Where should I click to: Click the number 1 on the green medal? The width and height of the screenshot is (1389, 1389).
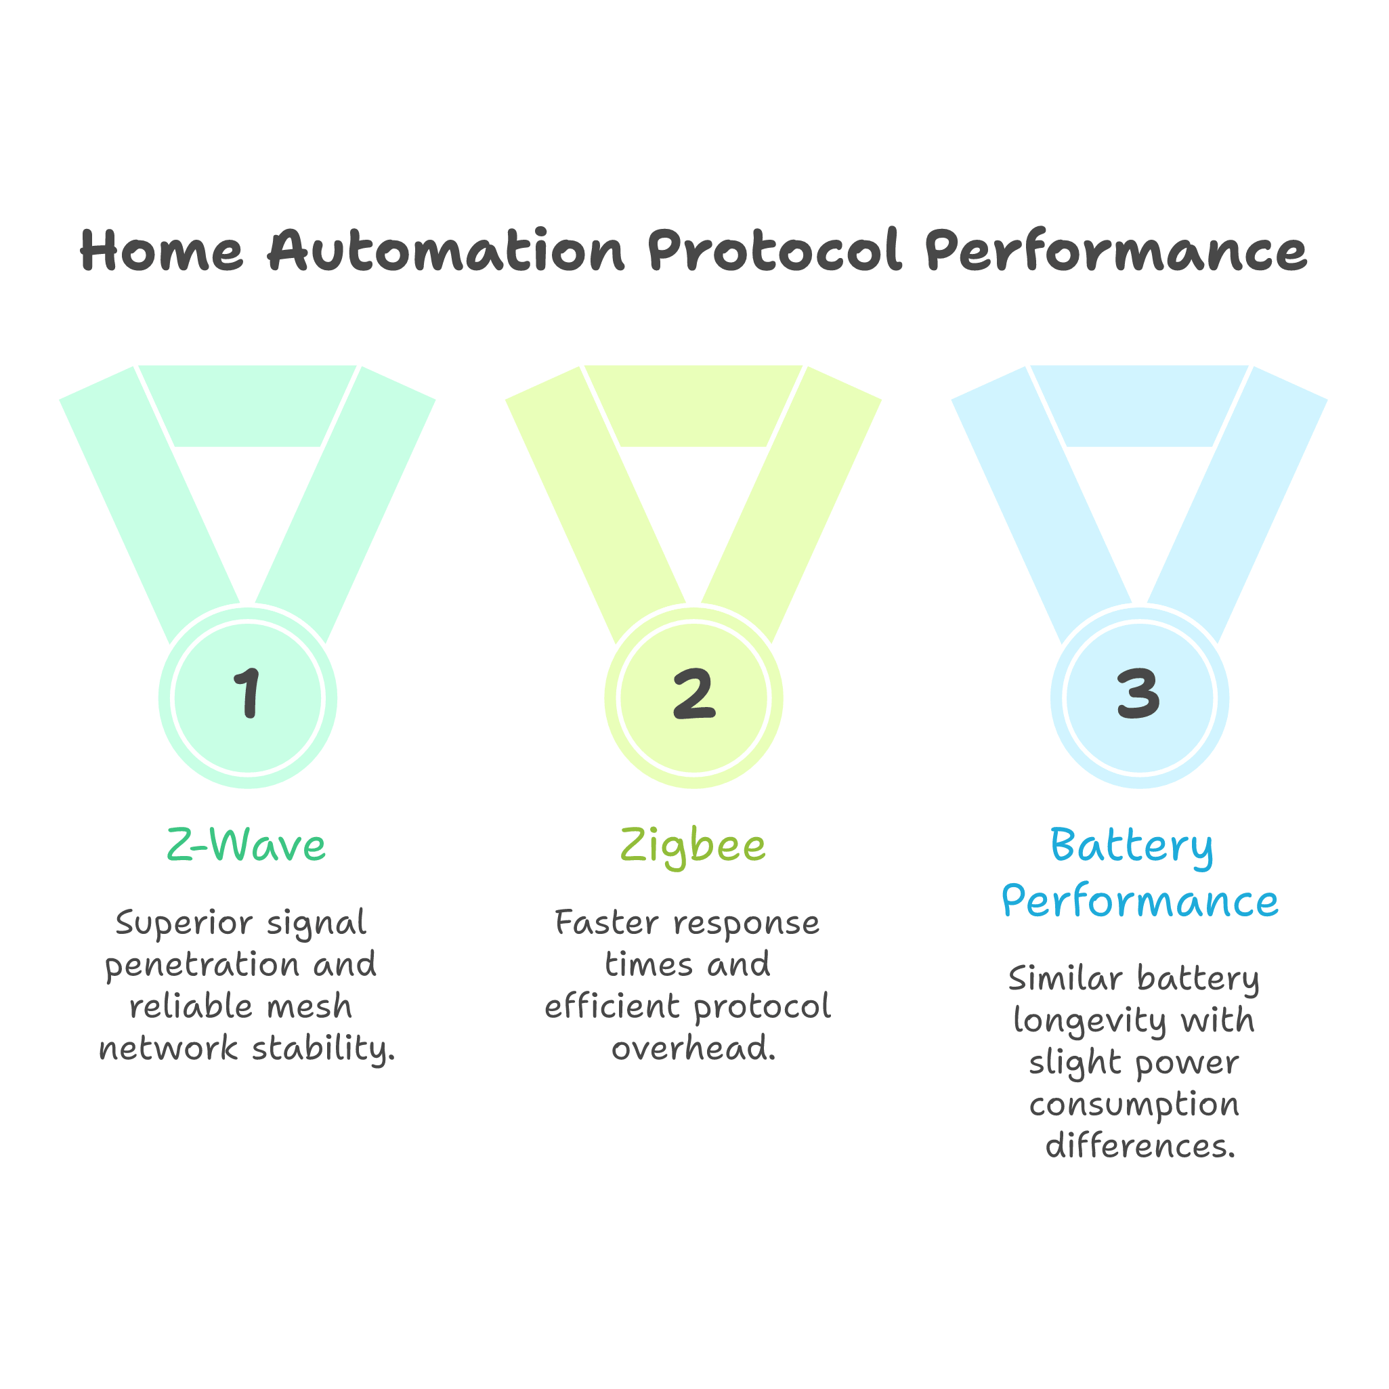coord(248,693)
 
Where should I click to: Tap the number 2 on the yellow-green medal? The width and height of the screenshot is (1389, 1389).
coord(693,693)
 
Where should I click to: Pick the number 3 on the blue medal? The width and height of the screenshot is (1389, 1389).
coord(1139,693)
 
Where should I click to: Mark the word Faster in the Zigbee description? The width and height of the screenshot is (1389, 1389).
coord(607,924)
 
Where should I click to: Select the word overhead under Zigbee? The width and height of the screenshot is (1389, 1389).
coord(693,1048)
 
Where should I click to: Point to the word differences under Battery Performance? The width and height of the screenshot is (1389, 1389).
coord(1140,1145)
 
